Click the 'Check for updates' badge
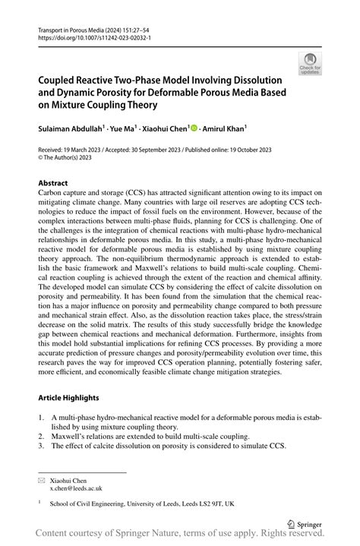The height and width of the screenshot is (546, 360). (310, 65)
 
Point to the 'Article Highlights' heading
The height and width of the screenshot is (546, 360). (68, 397)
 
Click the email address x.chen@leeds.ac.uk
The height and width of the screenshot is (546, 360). (76, 488)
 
